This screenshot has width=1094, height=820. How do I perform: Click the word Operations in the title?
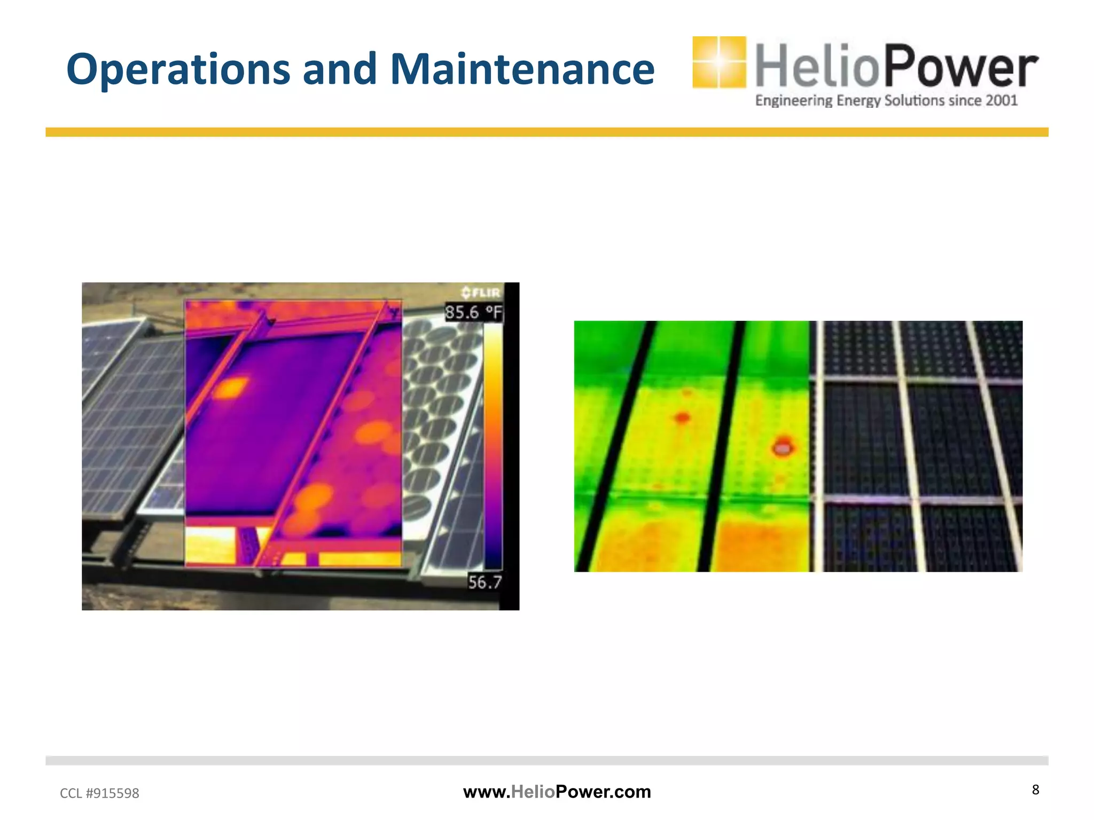click(178, 69)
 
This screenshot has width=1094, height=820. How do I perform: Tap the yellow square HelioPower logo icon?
click(719, 62)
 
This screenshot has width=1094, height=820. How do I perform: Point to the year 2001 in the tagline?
click(1001, 100)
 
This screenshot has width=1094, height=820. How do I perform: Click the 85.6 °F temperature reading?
click(473, 312)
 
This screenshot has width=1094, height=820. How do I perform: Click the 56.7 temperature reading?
click(485, 582)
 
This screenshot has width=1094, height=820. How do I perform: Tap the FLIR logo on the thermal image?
click(481, 293)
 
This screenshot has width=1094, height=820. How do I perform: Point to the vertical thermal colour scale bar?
click(493, 446)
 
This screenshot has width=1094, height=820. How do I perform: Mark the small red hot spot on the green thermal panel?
click(682, 417)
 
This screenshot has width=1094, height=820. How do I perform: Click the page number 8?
click(1035, 790)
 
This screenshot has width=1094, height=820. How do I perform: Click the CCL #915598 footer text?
click(99, 793)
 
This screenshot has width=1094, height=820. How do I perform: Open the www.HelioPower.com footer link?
click(557, 792)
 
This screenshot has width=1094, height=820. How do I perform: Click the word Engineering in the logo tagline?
click(793, 100)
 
